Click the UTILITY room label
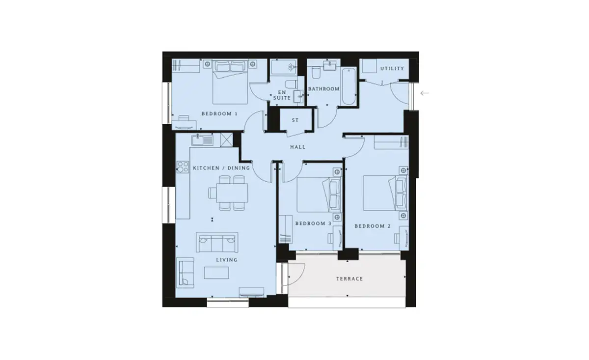[x=392, y=68]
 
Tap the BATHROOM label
[x=323, y=89]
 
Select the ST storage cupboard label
[x=295, y=120]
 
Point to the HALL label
[x=298, y=147]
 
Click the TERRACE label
[x=349, y=278]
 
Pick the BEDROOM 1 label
[x=219, y=113]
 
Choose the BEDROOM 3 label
[x=313, y=223]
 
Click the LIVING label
[x=227, y=260]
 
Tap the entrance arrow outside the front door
[x=425, y=93]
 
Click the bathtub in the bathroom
[x=348, y=86]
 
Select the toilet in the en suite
[x=291, y=84]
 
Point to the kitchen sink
[x=202, y=140]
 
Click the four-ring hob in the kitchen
[x=183, y=167]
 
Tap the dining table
[x=232, y=193]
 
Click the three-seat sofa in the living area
[x=217, y=242]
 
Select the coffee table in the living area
[x=216, y=273]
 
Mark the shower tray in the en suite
[x=284, y=67]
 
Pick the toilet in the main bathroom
[x=316, y=72]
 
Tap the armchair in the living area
[x=186, y=273]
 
